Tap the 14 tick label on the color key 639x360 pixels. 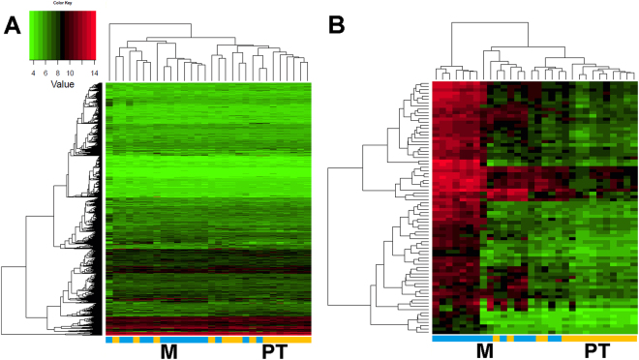coord(93,71)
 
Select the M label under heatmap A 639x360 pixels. coord(168,350)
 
